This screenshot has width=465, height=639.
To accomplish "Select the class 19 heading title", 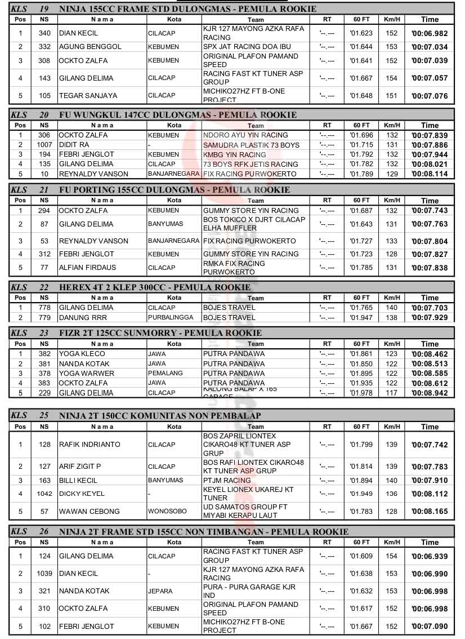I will click(187, 8).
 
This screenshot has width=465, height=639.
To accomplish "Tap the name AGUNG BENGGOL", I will click(90, 47).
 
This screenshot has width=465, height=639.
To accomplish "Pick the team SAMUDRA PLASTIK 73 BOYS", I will click(247, 145).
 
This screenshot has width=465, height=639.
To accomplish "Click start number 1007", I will click(44, 145).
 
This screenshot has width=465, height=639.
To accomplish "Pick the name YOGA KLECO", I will click(82, 354).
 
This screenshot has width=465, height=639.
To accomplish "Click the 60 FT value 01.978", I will click(361, 393).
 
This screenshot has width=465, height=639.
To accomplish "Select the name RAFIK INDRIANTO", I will click(90, 445).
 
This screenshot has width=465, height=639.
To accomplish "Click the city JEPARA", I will click(160, 591).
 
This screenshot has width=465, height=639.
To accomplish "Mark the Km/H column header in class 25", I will click(392, 427).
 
